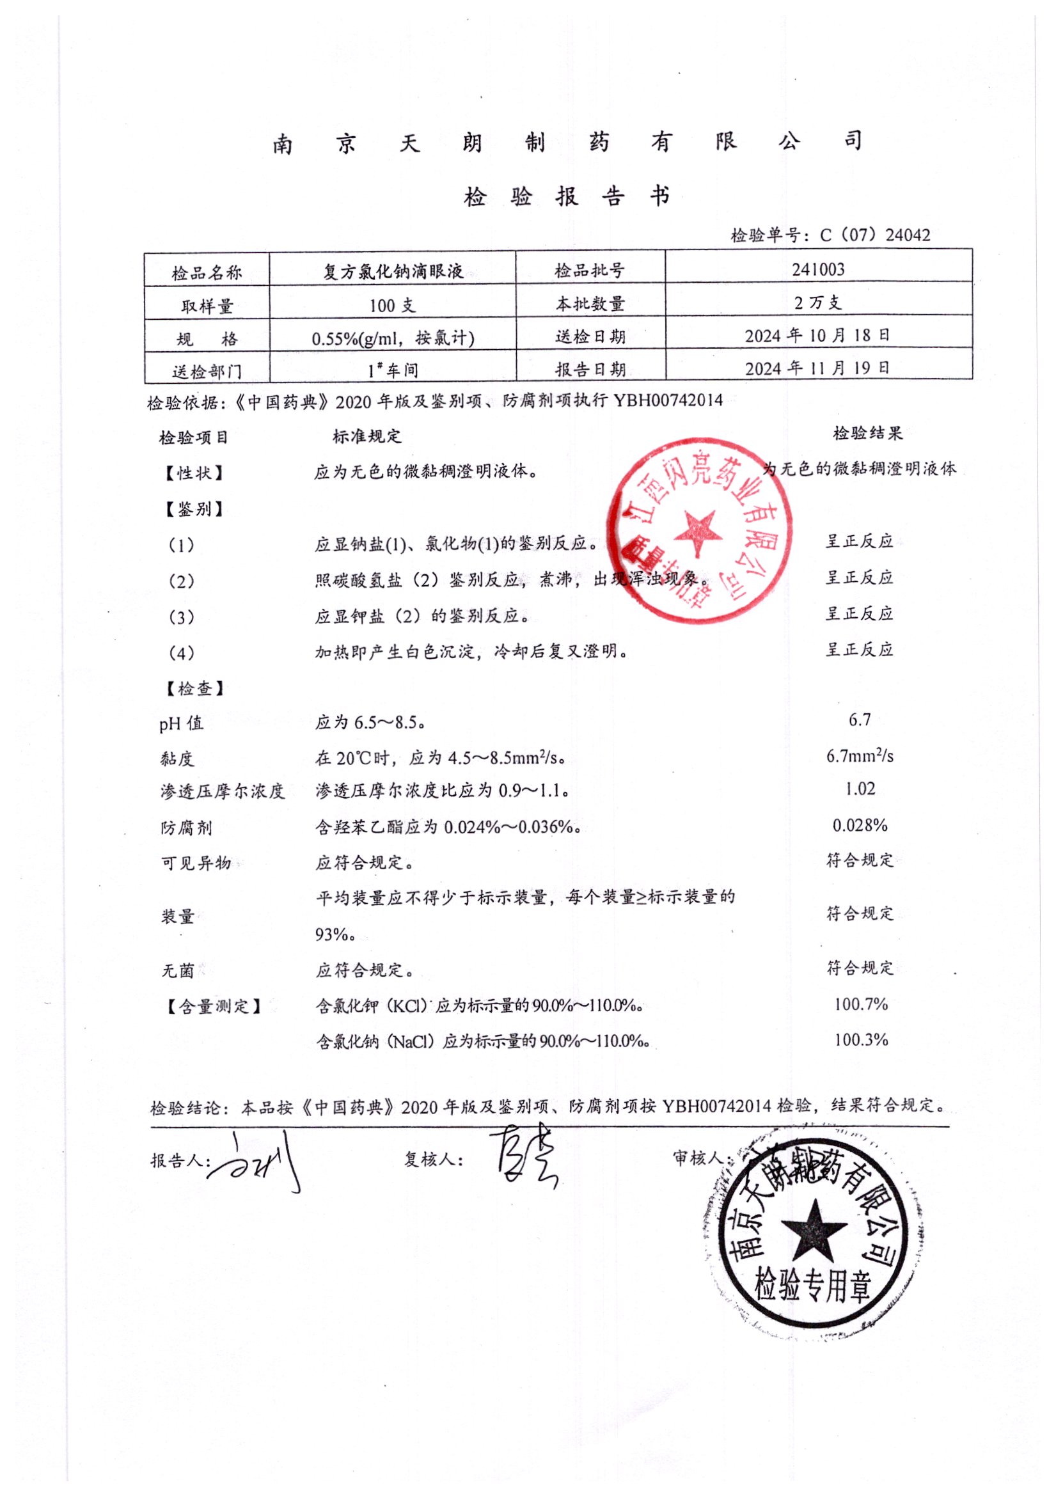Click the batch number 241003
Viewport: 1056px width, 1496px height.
tap(817, 269)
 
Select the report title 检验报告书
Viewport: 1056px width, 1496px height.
tap(566, 196)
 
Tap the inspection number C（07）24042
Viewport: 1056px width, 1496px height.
tap(874, 235)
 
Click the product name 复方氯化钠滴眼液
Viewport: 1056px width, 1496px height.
tap(393, 271)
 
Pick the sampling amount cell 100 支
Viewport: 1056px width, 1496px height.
tap(392, 305)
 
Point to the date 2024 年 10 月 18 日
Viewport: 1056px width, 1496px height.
tap(817, 336)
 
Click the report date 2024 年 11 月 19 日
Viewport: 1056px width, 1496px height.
tap(817, 368)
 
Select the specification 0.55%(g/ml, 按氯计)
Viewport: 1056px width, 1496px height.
tap(393, 338)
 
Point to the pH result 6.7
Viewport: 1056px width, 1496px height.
tap(859, 720)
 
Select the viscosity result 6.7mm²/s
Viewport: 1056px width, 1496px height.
tap(859, 756)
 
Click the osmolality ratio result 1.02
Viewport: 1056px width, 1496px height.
tap(859, 789)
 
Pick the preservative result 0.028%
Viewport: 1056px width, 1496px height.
tap(859, 826)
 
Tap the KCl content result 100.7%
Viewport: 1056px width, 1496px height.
tap(860, 1004)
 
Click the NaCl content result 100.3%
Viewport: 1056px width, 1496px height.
tap(860, 1039)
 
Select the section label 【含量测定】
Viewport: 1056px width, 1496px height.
tap(213, 1007)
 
